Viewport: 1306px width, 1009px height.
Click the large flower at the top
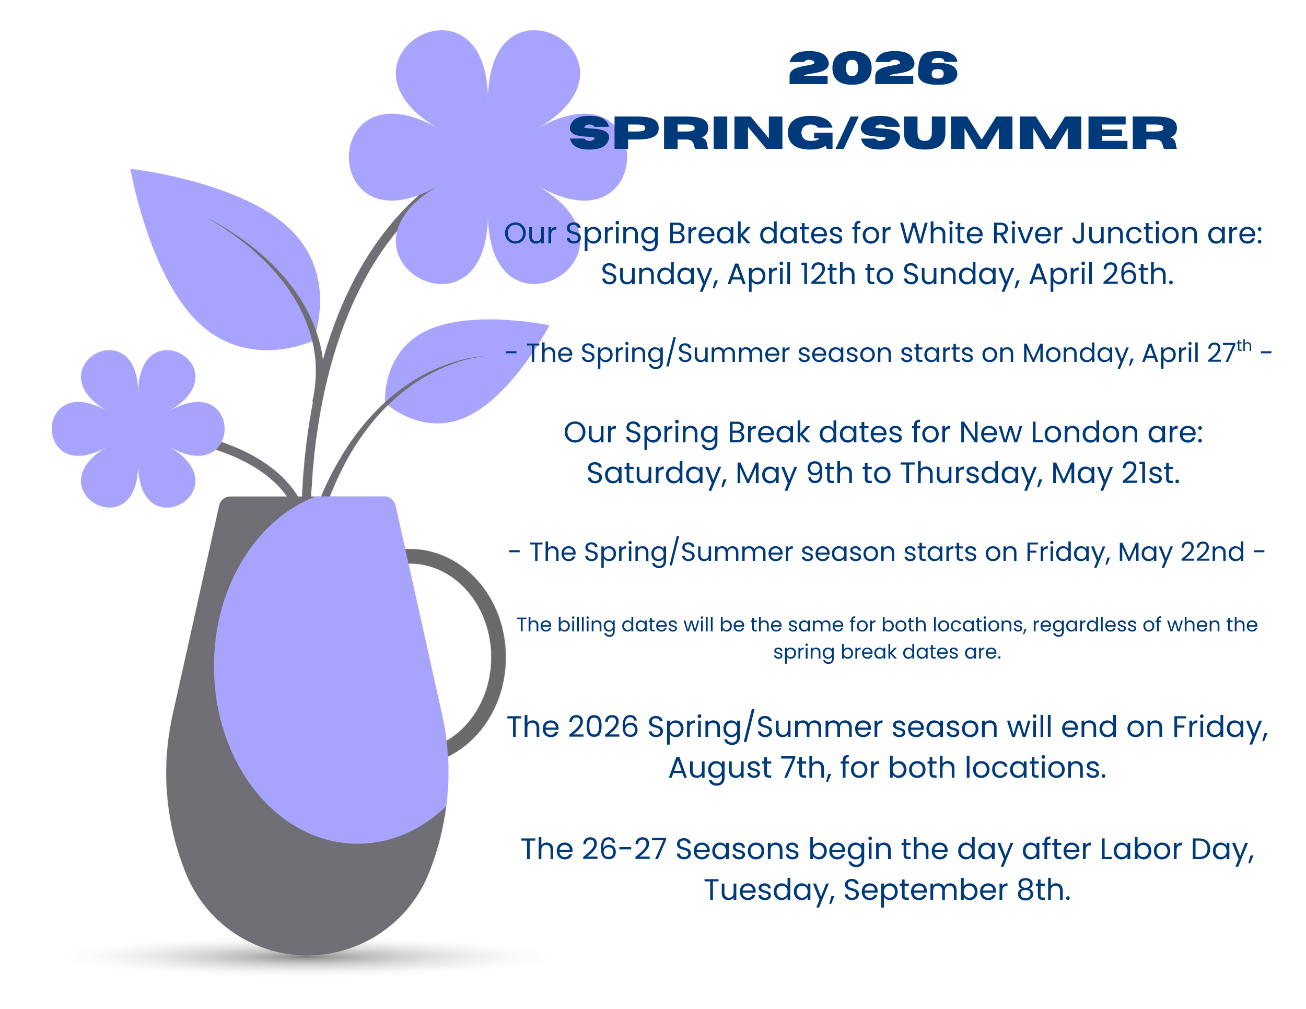[487, 157]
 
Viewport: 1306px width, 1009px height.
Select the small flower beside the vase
[138, 429]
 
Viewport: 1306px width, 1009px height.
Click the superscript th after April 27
[1244, 346]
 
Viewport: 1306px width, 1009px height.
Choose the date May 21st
[1115, 473]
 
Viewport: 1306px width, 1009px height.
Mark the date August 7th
[750, 768]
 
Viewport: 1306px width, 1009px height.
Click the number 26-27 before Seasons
[624, 849]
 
